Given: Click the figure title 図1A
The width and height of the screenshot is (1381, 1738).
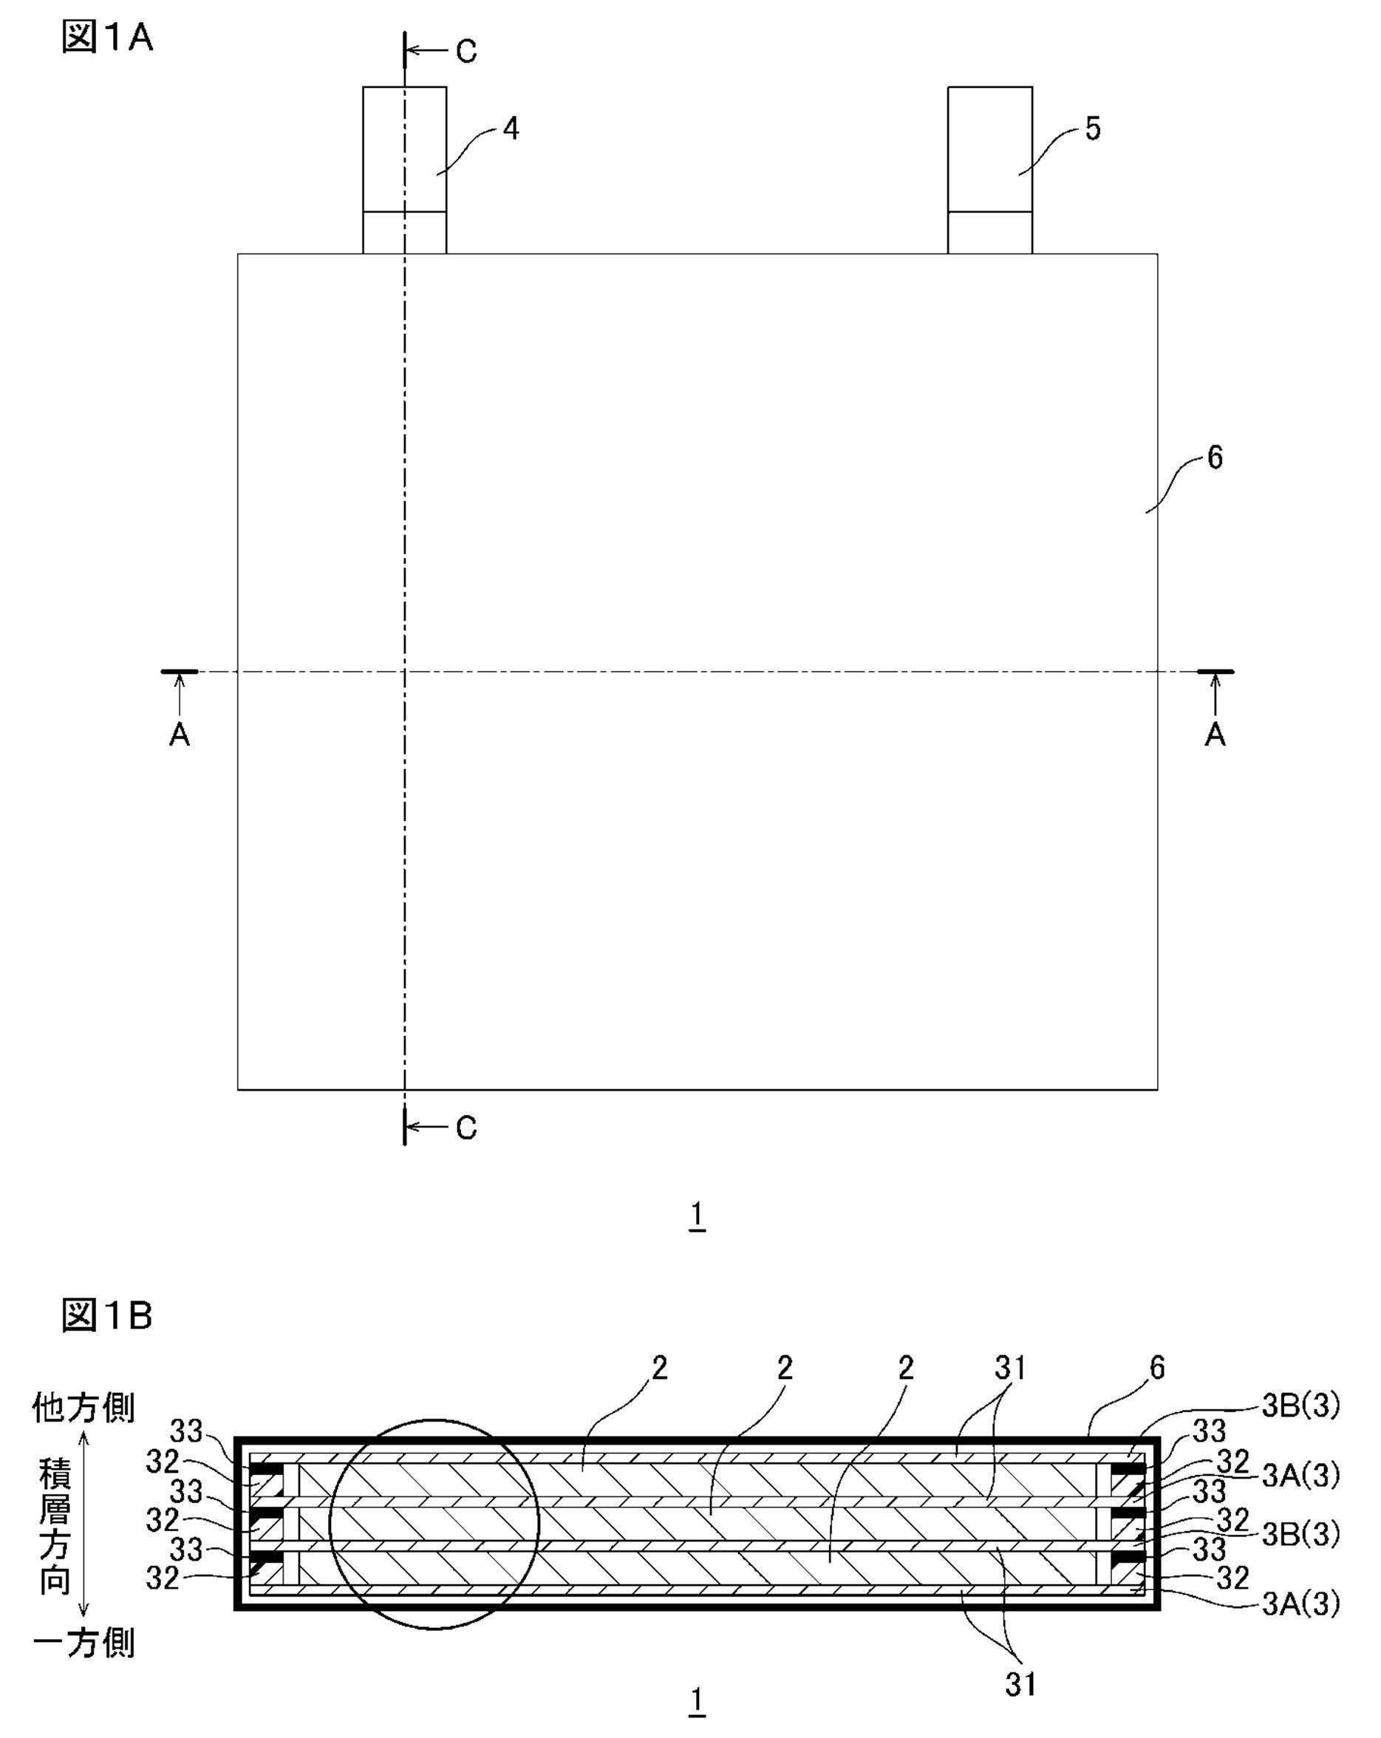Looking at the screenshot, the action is point(106,37).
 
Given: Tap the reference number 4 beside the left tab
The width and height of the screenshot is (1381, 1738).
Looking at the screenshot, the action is point(511,128).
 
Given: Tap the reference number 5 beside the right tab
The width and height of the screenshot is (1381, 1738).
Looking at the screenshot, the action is point(1092,128).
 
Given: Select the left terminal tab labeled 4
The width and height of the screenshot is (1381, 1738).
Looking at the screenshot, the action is point(405,170).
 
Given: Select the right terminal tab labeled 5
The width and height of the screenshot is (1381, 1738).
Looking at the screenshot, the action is point(990,170).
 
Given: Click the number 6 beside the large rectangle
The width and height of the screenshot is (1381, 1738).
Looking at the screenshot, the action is point(1214,458).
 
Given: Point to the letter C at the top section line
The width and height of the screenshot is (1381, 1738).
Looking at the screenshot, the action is point(467,52).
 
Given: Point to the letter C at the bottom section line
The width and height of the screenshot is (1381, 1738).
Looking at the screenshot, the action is point(467,1128).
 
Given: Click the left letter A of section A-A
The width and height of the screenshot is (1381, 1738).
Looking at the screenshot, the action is point(179,735).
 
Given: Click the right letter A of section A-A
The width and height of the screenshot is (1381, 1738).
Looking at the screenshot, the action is point(1215,735).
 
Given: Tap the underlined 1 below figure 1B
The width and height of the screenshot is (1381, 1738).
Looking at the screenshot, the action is point(698,1701).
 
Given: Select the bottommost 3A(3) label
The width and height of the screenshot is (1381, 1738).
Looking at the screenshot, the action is point(1300,1604).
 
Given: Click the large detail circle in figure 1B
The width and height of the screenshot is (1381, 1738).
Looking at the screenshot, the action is point(434,1524).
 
